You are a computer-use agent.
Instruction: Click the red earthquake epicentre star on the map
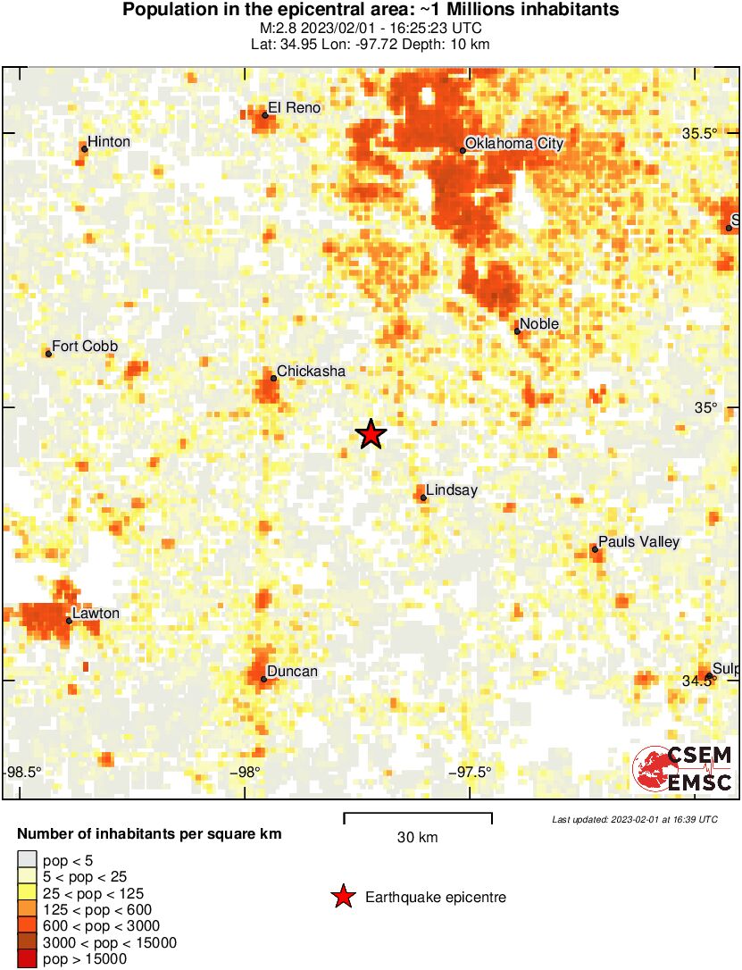tap(371, 434)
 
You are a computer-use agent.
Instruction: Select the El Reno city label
tap(294, 108)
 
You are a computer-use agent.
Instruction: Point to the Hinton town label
tap(109, 142)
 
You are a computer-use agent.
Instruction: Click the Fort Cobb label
tap(85, 347)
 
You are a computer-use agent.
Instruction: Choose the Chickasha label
tap(311, 371)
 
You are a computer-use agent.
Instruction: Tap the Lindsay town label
tap(452, 490)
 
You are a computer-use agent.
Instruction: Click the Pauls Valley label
tap(638, 542)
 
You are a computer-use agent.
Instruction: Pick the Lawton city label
tap(96, 614)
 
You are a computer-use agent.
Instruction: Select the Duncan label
tap(294, 672)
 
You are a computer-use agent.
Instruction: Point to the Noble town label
tap(539, 324)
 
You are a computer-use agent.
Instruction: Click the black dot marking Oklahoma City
tap(463, 150)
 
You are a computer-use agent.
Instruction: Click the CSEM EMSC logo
tap(683, 768)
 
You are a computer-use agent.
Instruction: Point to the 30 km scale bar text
tap(417, 837)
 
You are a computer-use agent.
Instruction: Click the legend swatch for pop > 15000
tap(26, 959)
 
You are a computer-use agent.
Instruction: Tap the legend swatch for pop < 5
tap(26, 860)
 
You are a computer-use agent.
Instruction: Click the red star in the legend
tap(343, 898)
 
